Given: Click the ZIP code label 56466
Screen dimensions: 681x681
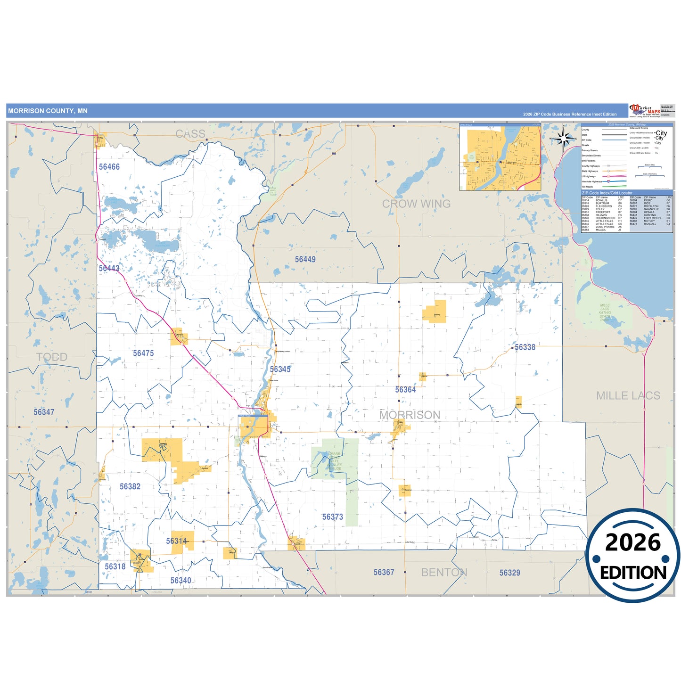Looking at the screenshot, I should click(109, 167).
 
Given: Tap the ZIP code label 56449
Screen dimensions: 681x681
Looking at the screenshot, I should click(305, 259).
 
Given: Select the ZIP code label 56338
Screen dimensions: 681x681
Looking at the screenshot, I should click(525, 347).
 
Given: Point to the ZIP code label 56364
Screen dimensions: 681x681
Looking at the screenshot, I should click(405, 390).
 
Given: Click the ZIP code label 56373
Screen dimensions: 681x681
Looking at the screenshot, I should click(333, 517).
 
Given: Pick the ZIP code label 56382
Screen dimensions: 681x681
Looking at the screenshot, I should click(130, 486).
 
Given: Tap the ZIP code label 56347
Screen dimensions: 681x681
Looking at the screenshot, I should click(44, 412).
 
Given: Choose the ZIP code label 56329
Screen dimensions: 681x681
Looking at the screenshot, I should click(510, 573).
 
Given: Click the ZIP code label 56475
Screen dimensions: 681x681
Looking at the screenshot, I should click(143, 353).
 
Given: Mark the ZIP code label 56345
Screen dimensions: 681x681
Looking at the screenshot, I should click(280, 369).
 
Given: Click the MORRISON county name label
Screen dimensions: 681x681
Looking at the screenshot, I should click(410, 415).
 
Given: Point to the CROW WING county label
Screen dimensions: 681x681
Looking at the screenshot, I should click(416, 204).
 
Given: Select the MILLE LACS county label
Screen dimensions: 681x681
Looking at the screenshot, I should click(628, 395).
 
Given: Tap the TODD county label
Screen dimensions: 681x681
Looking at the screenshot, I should click(52, 357).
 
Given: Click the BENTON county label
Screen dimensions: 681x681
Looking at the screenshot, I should click(444, 572).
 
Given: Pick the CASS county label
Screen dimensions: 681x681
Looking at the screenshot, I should click(190, 134).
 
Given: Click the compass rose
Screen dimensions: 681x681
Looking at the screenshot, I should click(563, 139).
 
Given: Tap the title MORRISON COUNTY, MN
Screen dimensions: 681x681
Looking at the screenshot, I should click(48, 111).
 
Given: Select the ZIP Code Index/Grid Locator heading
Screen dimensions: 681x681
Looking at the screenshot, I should click(607, 193).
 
